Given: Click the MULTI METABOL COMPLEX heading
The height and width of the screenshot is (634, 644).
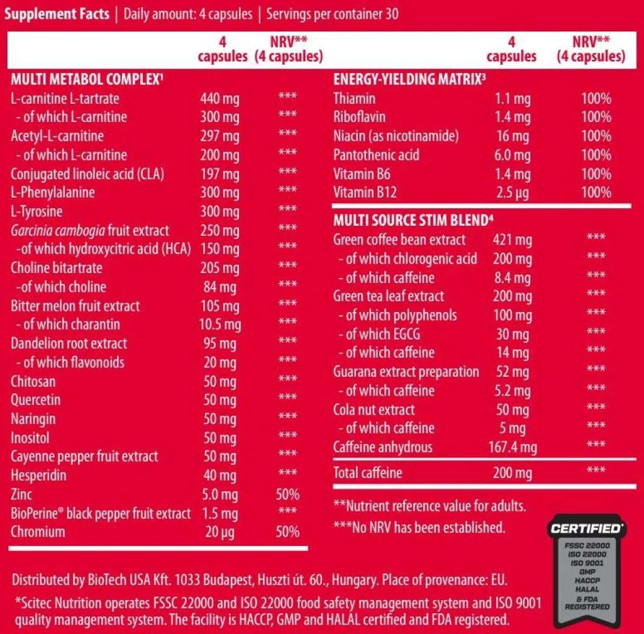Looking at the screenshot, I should point(87,80).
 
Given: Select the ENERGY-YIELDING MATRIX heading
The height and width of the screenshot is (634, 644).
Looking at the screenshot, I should point(409,80).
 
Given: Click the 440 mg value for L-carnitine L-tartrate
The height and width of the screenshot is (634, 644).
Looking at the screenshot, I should point(219,99).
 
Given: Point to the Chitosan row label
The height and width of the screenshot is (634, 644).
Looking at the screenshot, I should point(33,381).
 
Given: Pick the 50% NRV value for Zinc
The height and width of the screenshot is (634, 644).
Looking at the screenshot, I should point(287,494).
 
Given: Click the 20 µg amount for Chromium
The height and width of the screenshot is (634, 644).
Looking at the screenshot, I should point(219,532).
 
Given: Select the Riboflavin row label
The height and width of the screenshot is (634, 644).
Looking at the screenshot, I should point(359,117).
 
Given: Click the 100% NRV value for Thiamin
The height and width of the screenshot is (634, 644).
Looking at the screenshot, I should point(596,99).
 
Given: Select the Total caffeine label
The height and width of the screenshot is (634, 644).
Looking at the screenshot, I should point(367,473).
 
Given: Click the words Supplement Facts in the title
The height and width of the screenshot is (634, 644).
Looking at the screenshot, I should point(57,14).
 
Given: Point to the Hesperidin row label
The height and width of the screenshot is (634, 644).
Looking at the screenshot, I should point(38,475).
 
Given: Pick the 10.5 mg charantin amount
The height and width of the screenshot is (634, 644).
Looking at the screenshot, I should point(219,325).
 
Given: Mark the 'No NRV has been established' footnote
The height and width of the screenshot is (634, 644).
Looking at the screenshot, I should point(419,527).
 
